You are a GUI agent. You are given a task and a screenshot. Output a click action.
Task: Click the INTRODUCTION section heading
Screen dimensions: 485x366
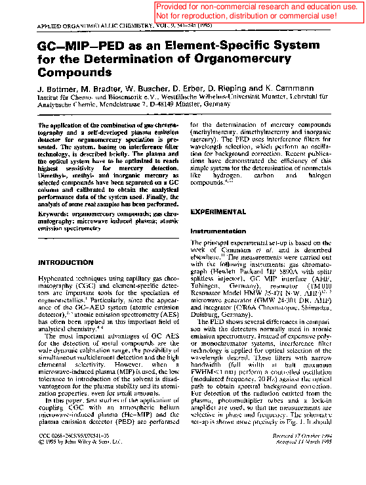[x=66, y=263]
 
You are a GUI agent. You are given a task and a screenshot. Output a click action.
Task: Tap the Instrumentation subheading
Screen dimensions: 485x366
[x=218, y=232]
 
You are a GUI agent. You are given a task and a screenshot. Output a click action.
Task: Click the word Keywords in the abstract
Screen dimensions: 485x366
[x=54, y=214]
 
